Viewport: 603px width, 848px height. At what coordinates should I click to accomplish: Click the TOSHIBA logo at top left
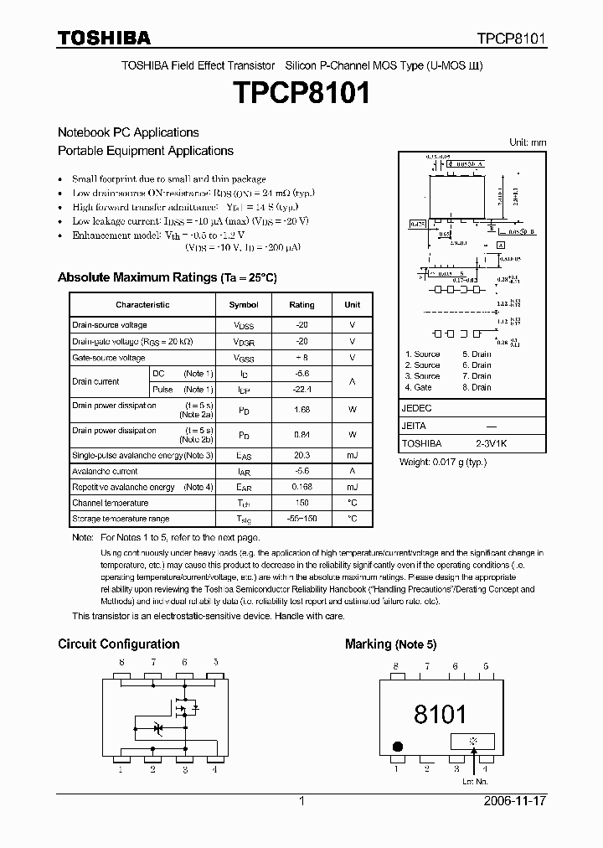pos(104,38)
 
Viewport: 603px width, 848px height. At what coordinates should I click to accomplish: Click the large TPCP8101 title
pos(301,94)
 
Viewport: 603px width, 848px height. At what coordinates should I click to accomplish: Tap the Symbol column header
pos(244,305)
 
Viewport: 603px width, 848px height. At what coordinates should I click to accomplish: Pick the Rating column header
pos(301,305)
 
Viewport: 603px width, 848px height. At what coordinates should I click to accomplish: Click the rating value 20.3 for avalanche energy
pos(301,455)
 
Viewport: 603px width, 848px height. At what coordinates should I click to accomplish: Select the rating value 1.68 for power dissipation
pos(301,410)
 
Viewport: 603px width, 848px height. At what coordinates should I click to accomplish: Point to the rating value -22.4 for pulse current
pos(301,390)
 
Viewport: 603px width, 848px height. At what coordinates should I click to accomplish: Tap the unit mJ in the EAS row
pos(352,455)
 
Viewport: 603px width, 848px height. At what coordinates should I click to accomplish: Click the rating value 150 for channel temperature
pos(301,503)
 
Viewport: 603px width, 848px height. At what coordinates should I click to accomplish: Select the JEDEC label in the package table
pos(417,408)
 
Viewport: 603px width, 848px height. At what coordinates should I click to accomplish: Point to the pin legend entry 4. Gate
pos(419,387)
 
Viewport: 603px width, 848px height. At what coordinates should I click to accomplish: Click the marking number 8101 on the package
pos(440,714)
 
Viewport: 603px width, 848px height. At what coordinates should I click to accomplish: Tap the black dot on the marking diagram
pos(399,746)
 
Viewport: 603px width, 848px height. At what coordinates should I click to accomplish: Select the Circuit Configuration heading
pos(118,644)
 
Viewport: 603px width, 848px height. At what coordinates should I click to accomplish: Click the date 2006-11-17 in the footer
pos(514,801)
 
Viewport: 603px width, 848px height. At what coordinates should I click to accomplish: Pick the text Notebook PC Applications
pos(128,132)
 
